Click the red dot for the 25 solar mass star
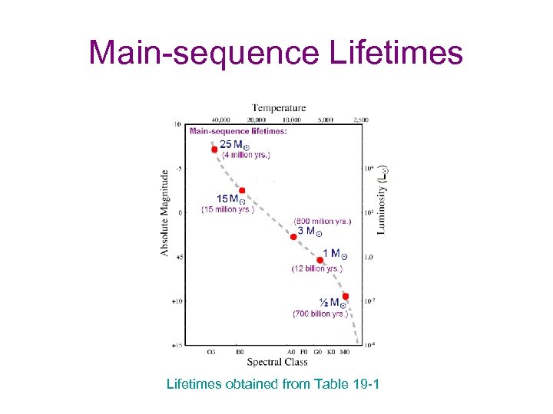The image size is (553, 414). (x=215, y=149)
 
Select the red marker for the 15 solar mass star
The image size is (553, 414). (x=242, y=190)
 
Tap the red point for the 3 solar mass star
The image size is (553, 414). (x=293, y=237)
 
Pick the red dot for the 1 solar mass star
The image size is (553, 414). (x=320, y=260)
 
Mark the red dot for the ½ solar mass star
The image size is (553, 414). (x=346, y=296)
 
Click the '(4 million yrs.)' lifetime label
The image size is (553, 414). (x=246, y=155)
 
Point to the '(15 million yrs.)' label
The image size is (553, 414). (x=228, y=209)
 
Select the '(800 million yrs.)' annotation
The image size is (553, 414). (x=323, y=222)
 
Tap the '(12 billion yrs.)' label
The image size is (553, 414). (x=316, y=269)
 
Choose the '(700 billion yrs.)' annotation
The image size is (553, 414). (x=321, y=314)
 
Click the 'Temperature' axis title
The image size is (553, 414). (x=279, y=108)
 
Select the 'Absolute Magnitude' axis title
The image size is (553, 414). (x=165, y=213)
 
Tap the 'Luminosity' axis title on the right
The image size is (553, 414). (x=382, y=200)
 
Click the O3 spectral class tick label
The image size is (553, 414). (x=210, y=353)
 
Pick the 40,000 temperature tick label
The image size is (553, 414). (x=221, y=120)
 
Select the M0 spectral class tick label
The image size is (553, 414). (x=344, y=353)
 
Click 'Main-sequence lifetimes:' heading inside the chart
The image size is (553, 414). (x=239, y=131)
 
